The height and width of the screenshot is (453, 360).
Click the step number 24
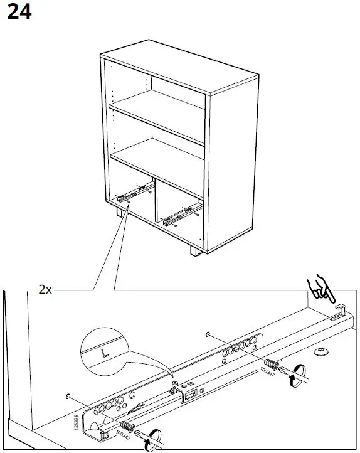18,13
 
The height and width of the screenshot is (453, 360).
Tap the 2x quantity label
45,290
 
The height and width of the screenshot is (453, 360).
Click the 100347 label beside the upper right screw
267,374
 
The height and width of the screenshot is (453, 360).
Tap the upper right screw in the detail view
272,364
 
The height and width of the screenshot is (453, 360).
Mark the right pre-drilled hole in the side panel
207,334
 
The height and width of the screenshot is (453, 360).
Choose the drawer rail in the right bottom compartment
182,215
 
